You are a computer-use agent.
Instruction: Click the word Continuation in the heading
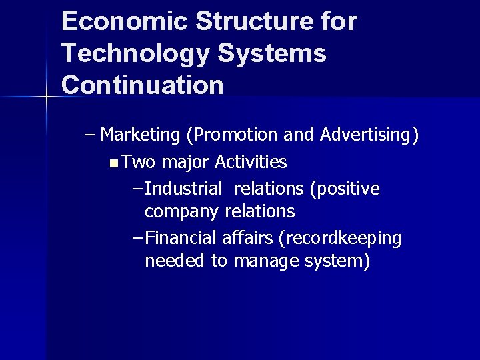coord(143,85)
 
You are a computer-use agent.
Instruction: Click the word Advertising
coord(369,135)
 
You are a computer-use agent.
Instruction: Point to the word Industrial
coord(183,189)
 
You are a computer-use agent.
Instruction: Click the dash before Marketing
coord(90,135)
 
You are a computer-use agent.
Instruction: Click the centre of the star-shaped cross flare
coord(46,97)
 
